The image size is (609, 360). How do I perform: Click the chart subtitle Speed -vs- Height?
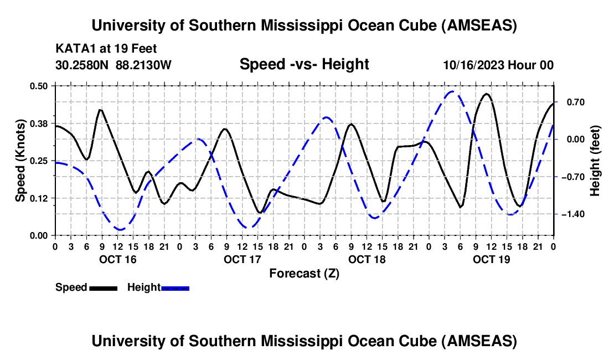coord(304,64)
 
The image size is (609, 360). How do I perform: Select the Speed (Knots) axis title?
coord(20,161)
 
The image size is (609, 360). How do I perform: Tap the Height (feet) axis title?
coord(595,161)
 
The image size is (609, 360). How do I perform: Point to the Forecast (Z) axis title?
coord(304,273)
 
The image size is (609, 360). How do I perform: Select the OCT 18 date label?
coord(367,259)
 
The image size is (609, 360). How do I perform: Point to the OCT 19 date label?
coord(491,259)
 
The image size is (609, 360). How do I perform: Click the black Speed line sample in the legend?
coord(103,288)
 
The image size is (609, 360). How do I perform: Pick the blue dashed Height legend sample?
coord(175,288)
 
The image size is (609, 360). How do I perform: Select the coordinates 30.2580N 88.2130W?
coord(113,65)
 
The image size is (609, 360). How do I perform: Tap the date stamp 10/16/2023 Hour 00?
coord(498,65)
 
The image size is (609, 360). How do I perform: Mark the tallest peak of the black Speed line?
coord(487,94)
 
